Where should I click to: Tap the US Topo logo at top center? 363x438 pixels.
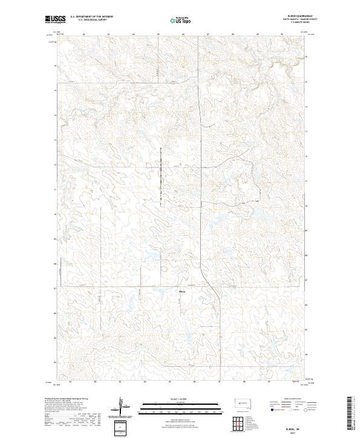point(181,20)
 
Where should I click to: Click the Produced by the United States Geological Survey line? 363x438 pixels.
point(67,399)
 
